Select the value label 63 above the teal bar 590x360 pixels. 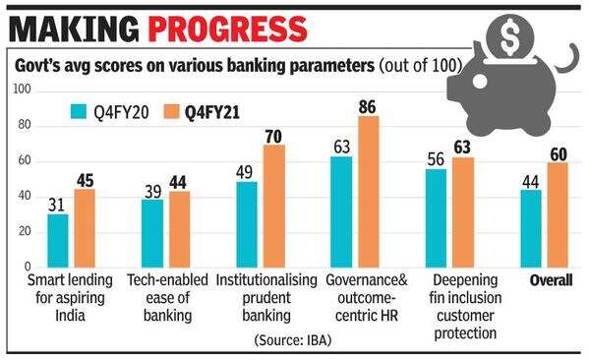tap(342, 147)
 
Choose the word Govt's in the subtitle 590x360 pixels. tap(35, 66)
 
